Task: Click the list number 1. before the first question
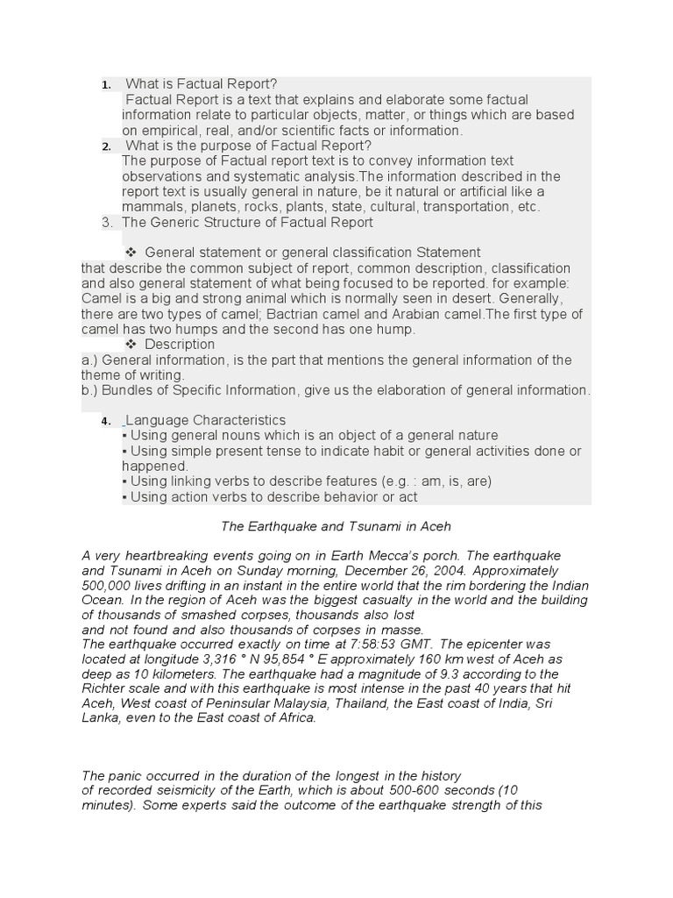[x=105, y=85]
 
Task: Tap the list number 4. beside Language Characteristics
[x=105, y=422]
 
